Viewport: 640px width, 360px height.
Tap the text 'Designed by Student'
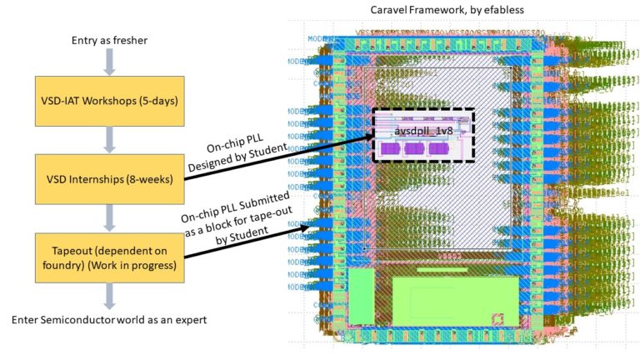(x=238, y=155)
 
